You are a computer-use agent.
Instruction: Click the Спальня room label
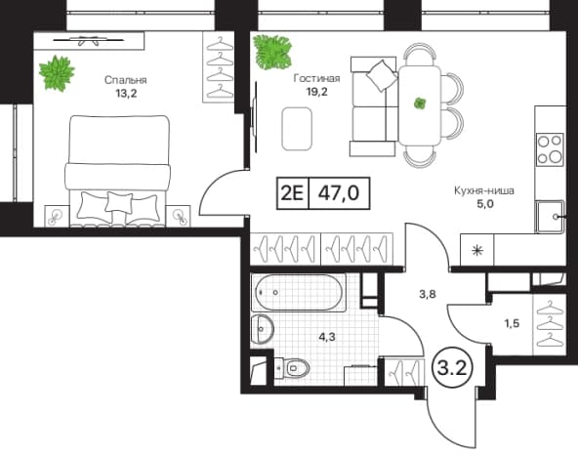click(x=125, y=80)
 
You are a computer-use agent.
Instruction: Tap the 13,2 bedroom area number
click(x=126, y=94)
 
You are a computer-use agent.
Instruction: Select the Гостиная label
click(x=316, y=78)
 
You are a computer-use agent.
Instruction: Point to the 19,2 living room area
click(x=317, y=92)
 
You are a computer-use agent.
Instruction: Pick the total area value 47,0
click(x=339, y=192)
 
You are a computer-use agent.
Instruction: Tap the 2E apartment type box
click(x=292, y=193)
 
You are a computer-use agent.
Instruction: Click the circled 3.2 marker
click(x=451, y=368)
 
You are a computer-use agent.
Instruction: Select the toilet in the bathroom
click(x=292, y=368)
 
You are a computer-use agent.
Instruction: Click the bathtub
click(x=298, y=293)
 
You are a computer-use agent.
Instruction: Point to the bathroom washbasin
click(x=262, y=329)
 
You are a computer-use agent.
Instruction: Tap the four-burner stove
click(x=550, y=149)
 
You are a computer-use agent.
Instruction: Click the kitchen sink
click(x=550, y=217)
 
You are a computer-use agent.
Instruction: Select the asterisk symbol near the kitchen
click(x=477, y=251)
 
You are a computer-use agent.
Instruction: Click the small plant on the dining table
click(x=419, y=104)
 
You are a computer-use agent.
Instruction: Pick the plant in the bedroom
click(x=57, y=72)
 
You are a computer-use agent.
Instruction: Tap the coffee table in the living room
click(x=297, y=129)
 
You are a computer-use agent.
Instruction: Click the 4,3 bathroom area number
click(x=327, y=337)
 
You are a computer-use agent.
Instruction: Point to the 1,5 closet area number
click(x=512, y=323)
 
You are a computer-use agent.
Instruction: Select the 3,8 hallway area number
click(x=428, y=294)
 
